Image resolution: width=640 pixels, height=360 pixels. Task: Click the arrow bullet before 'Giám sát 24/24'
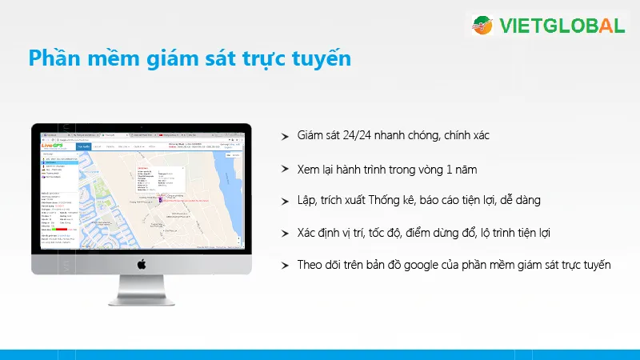coord(285,138)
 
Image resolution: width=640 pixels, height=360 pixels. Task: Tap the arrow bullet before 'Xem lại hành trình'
coord(285,170)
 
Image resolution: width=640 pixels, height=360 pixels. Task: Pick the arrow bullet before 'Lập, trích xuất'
coord(285,201)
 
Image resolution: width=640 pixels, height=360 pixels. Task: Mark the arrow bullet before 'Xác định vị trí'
coord(285,233)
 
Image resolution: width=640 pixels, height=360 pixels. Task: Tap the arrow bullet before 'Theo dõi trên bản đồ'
coord(285,265)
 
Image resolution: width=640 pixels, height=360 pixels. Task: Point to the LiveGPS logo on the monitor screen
coord(53,146)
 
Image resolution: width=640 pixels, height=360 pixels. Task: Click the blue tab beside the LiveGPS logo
coord(83,146)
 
